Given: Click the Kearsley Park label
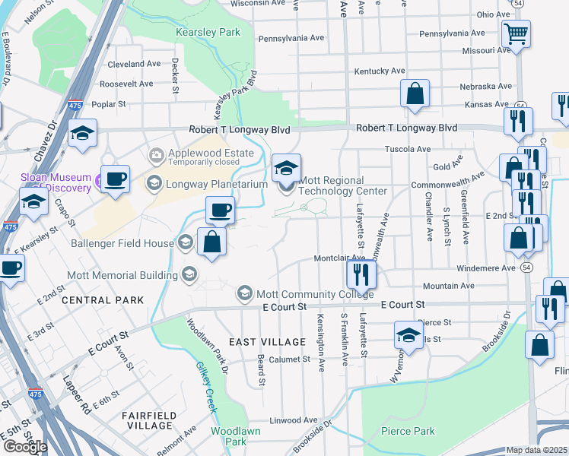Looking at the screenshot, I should (x=208, y=32).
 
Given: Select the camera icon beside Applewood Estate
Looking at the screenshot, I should (x=157, y=155).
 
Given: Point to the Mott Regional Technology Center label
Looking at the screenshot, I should (x=343, y=186).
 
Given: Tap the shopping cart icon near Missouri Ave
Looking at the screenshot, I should (x=516, y=34).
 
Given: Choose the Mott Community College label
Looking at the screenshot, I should (x=315, y=294).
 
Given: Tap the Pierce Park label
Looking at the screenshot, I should (x=408, y=431).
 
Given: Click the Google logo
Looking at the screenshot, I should (x=25, y=447).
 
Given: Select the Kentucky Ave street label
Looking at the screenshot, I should (x=379, y=71).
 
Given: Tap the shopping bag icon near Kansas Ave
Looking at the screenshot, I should (x=415, y=94).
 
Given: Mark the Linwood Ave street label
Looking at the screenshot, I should (x=294, y=420).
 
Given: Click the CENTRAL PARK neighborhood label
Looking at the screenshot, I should (x=103, y=300).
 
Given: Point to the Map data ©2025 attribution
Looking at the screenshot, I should (x=536, y=450).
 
